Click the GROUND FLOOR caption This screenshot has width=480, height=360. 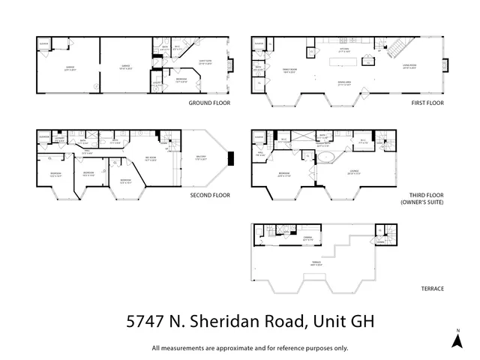pos(209,102)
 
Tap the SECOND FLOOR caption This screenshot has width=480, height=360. pos(209,195)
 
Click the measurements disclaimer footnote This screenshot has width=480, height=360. pos(250,347)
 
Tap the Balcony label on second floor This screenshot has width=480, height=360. pos(200,157)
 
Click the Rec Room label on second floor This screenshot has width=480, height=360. pos(150,158)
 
